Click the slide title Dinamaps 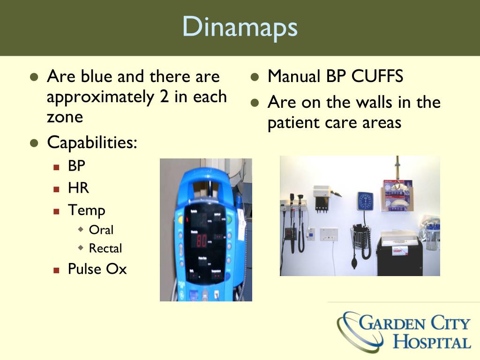coord(240,27)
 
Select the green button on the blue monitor coord(229,219)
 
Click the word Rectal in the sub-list coord(105,248)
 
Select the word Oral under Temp coord(101,230)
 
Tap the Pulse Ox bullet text coord(97,269)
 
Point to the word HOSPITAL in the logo coord(432,341)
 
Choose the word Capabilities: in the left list coord(92,143)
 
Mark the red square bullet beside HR coord(57,189)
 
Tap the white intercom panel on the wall coord(329,234)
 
